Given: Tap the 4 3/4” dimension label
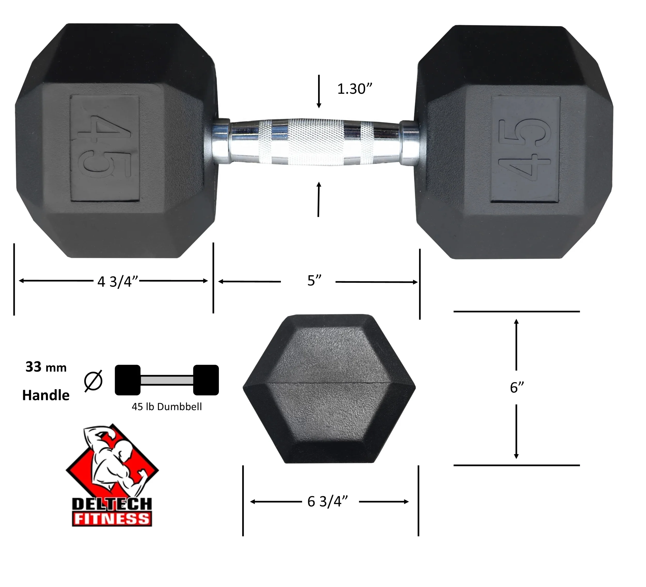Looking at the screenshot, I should click(118, 282).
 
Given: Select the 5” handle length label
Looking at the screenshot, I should click(314, 281).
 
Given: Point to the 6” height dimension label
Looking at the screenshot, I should click(517, 387).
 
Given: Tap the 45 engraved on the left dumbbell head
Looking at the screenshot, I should click(104, 148).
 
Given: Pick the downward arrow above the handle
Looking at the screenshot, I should click(319, 91).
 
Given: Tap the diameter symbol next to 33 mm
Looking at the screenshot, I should click(93, 381).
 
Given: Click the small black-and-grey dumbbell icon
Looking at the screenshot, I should click(167, 380).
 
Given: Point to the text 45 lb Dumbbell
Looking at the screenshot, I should click(167, 407).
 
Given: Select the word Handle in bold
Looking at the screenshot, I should click(46, 395).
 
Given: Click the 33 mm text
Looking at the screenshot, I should click(46, 367).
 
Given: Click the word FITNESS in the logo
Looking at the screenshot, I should click(112, 519).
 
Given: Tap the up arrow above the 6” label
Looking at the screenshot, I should click(516, 344).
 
